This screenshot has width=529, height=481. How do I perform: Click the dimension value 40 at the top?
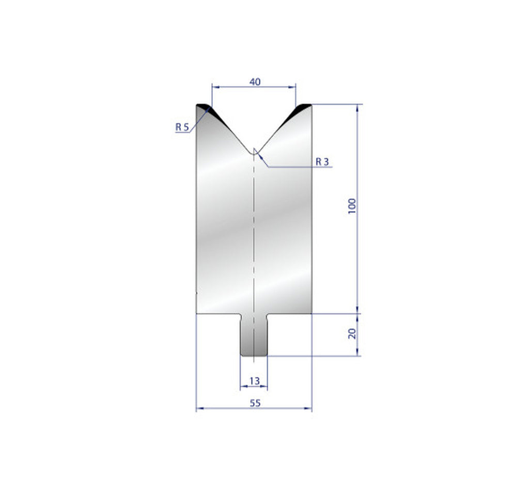point(254,82)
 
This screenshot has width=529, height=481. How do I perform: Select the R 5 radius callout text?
point(182,126)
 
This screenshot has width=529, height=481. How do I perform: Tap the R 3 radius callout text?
point(322,162)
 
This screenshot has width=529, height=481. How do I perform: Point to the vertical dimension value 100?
point(352,206)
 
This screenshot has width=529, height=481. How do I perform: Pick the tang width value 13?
point(254,381)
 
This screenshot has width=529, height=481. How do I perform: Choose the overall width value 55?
point(254,403)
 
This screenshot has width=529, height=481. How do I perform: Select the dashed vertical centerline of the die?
point(254,232)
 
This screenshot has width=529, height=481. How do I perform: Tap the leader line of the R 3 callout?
point(289,167)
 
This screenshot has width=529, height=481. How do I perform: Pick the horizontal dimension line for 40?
point(232,87)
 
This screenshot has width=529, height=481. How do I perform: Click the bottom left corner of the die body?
point(196,313)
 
